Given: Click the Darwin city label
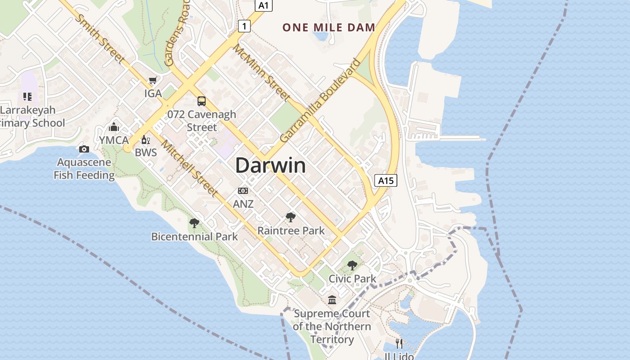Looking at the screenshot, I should [x=270, y=166].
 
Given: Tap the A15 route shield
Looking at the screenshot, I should [x=386, y=181].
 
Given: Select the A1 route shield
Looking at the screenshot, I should [x=264, y=5].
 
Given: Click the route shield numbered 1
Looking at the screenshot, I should [x=244, y=27].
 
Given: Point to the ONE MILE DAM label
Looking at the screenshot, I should [x=328, y=27].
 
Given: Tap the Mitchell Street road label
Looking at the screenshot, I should [x=190, y=169].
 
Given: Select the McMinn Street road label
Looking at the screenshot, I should [x=261, y=72].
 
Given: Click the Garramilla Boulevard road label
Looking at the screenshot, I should [x=320, y=101].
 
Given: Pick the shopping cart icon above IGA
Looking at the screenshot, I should [x=153, y=81].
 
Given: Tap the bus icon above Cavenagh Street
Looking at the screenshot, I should [x=202, y=101].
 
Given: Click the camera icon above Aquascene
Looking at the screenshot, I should [x=84, y=149].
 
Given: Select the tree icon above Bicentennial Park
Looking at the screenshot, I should [x=194, y=223].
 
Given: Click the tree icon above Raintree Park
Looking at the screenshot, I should [x=291, y=218].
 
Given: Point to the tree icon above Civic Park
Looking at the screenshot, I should [x=352, y=265].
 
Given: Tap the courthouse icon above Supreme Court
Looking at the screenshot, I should [x=332, y=300].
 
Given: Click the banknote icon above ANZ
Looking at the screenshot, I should [x=243, y=191].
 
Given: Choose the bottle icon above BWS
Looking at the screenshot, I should [x=146, y=139].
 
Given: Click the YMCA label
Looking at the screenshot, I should [x=114, y=140].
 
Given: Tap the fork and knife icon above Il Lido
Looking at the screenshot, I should [x=399, y=344].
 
